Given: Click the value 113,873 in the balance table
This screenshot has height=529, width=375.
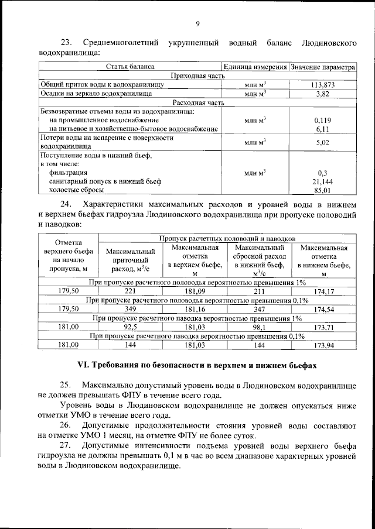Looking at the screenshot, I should click(x=322, y=85).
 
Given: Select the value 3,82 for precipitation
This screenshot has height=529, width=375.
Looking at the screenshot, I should click(x=322, y=93).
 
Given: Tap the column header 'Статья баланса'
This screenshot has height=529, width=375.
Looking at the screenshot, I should click(x=129, y=67).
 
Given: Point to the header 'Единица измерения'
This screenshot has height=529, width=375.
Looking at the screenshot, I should click(x=255, y=67).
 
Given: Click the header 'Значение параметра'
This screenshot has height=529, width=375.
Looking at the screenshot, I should click(x=323, y=67).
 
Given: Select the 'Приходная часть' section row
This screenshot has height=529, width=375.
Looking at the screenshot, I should click(x=197, y=76).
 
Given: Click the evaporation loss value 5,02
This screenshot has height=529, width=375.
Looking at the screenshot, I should click(x=323, y=142).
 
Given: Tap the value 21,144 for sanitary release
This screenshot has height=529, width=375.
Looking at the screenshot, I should click(x=323, y=182).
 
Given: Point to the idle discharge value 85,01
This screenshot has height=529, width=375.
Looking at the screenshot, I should click(x=323, y=190).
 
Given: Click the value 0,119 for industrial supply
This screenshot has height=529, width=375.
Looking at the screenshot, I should click(x=323, y=119).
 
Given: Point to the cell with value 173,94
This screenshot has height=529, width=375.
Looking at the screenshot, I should click(x=324, y=345).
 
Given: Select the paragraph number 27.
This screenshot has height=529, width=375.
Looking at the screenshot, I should click(x=66, y=446).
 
